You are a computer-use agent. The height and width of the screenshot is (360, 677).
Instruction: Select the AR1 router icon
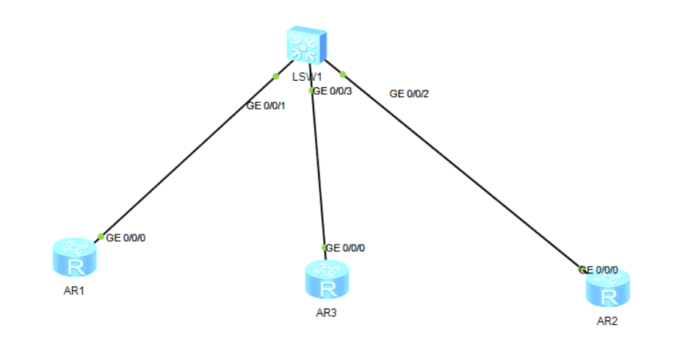pos(75,258)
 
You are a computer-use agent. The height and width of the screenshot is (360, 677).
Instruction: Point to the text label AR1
pos(75,290)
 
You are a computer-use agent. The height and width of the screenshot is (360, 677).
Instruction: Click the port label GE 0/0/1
pos(266,106)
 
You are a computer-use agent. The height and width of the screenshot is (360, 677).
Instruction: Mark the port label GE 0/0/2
pos(409,94)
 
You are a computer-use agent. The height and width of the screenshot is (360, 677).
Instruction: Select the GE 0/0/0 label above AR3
pos(345,248)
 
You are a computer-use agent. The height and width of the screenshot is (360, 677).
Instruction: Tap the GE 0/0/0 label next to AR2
pos(599,270)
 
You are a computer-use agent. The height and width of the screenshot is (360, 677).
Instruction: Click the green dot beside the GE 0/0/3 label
pos(312,90)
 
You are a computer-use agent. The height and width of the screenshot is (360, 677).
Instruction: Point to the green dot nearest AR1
pos(101,236)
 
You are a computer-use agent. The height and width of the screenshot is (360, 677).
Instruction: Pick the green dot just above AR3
pos(323,248)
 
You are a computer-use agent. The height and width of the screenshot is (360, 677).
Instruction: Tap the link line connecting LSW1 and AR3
pos(318,169)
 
